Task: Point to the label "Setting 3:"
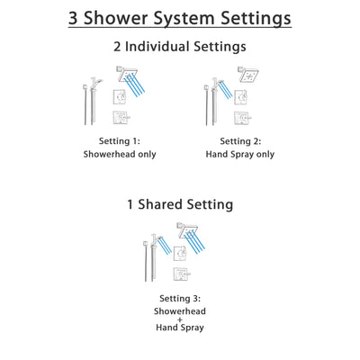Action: pyautogui.click(x=180, y=298)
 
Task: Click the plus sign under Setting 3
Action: pyautogui.click(x=180, y=323)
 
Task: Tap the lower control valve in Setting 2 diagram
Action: pyautogui.click(x=241, y=119)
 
